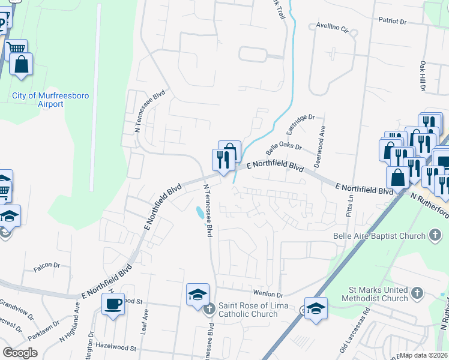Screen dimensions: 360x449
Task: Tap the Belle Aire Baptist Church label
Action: tap(379, 236)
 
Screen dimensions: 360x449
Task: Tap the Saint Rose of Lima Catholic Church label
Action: tap(247, 310)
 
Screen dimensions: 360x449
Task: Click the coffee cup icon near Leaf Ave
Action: tap(113, 304)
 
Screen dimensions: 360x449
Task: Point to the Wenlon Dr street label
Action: tap(268, 295)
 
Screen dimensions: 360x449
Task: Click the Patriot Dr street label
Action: tap(393, 20)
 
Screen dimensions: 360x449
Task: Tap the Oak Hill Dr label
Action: tap(423, 76)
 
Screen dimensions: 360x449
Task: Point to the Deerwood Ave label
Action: tap(322, 146)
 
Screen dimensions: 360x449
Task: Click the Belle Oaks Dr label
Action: tap(283, 146)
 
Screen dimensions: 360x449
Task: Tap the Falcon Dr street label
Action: tap(47, 265)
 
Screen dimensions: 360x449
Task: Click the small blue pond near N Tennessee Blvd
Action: tap(198, 213)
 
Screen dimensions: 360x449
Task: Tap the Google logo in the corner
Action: tap(20, 353)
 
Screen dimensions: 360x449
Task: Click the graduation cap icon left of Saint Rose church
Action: tap(197, 295)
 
